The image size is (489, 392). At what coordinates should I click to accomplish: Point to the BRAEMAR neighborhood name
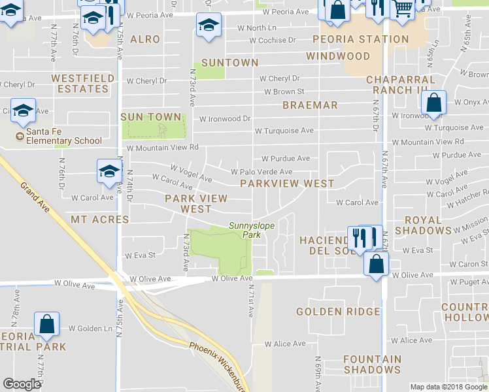[310, 105]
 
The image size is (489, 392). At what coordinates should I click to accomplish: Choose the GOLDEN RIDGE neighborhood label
[337, 312]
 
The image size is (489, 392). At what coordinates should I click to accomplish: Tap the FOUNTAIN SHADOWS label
[372, 364]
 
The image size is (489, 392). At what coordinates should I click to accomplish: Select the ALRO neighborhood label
[144, 39]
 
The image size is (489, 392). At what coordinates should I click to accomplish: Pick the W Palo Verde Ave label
[261, 172]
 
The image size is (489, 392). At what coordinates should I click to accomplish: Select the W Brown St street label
[284, 92]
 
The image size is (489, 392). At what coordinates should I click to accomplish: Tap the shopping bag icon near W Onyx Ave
[434, 103]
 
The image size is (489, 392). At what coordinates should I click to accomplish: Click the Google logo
[22, 384]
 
